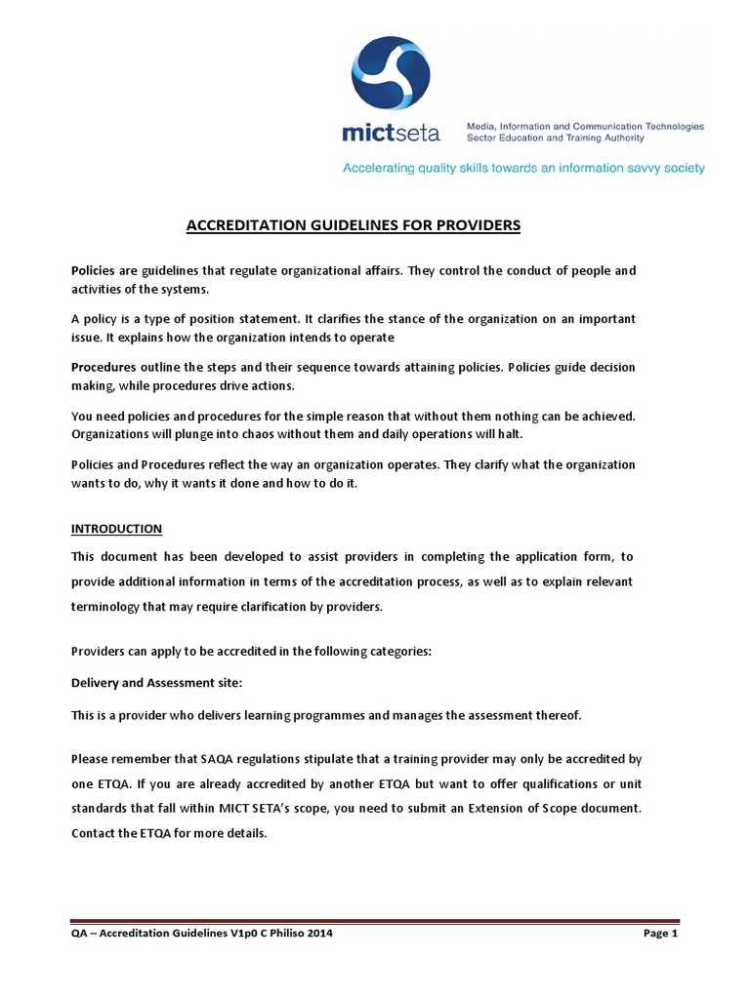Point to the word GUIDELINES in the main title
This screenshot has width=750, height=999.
(x=329, y=225)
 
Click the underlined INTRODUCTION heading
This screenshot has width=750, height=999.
(x=117, y=529)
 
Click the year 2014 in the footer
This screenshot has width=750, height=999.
(x=319, y=934)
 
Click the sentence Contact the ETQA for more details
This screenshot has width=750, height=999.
(x=169, y=834)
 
